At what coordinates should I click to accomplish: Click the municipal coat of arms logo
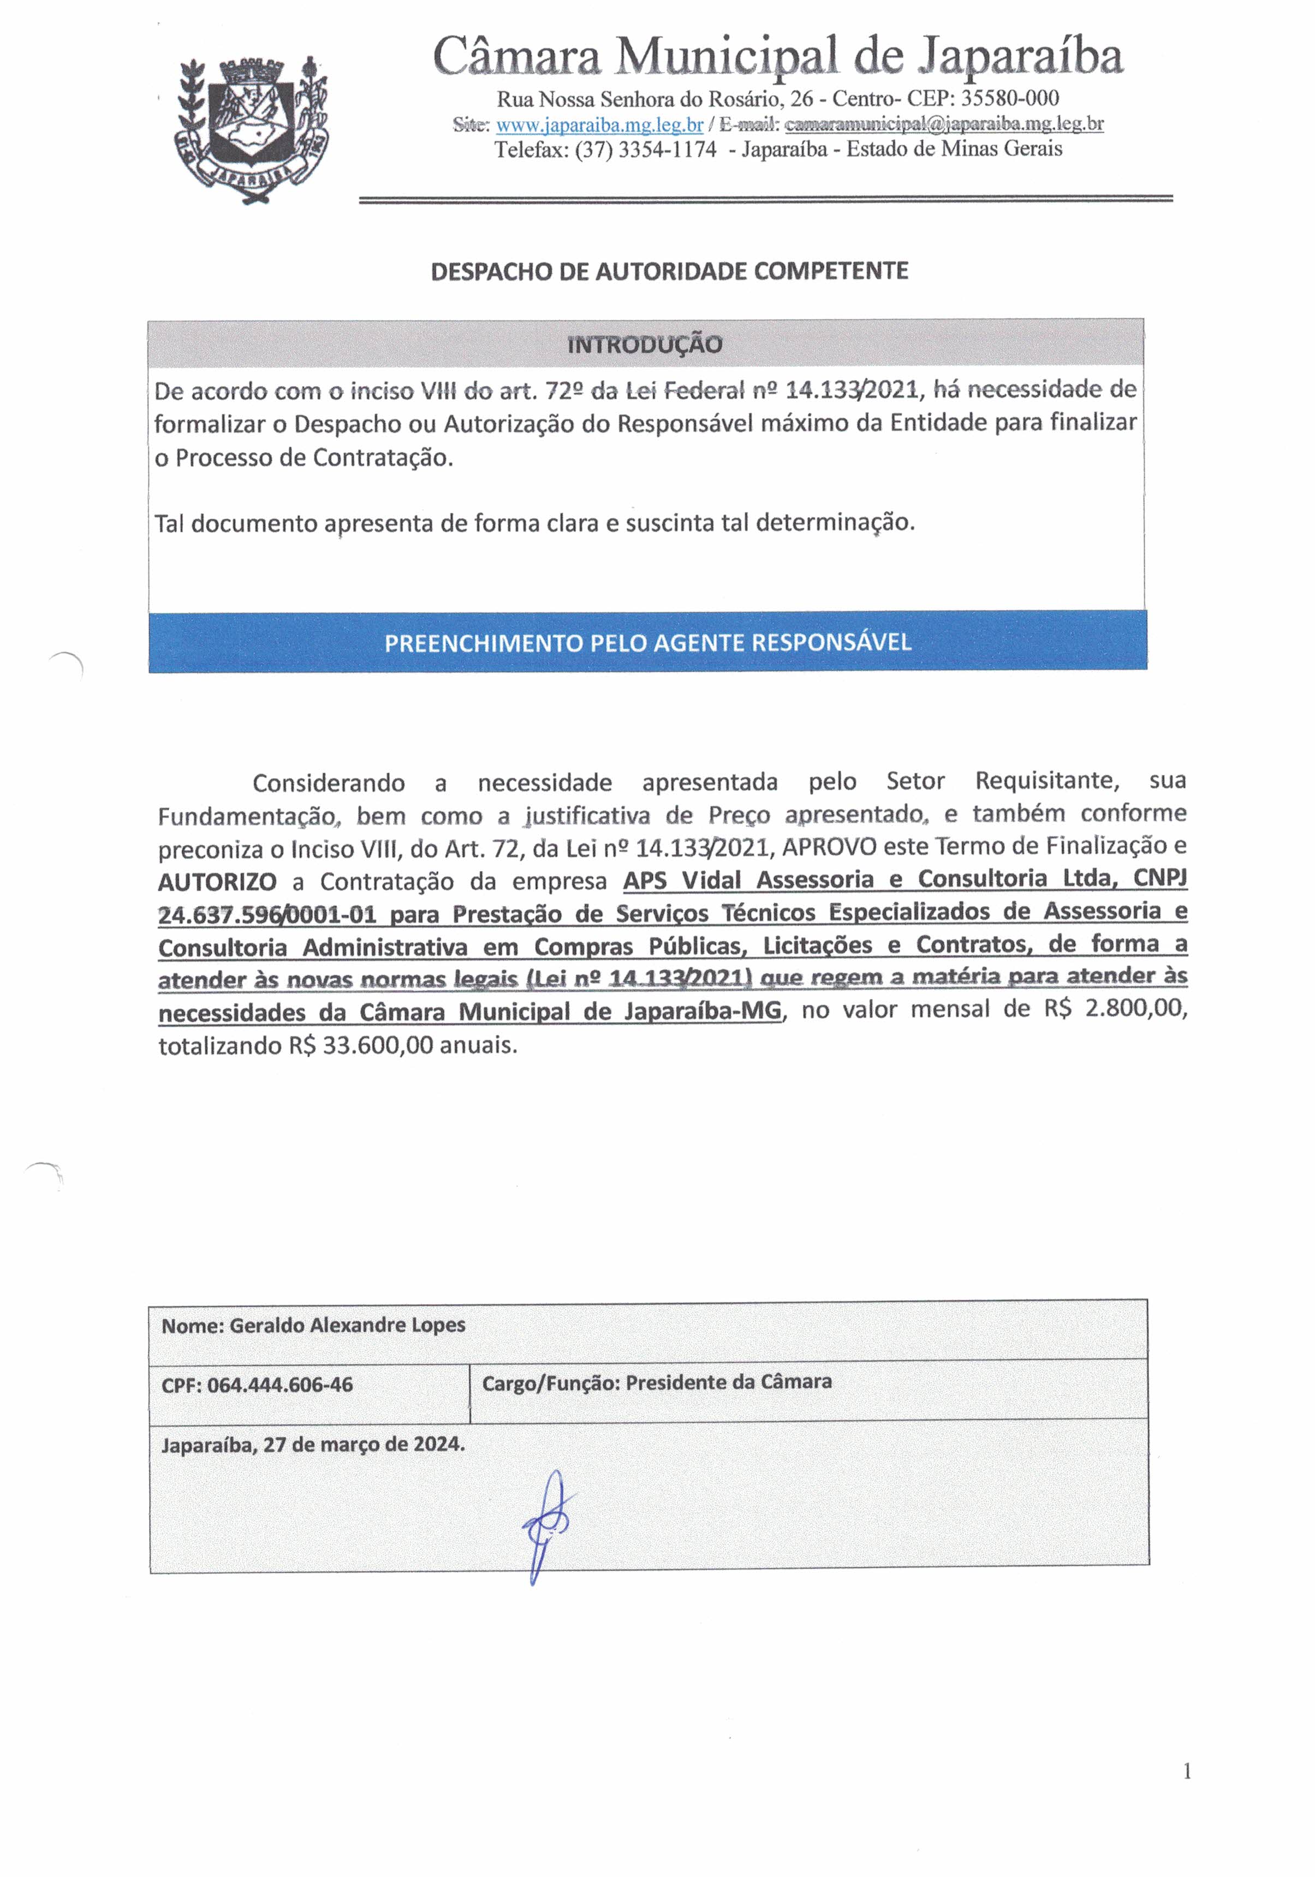point(251,130)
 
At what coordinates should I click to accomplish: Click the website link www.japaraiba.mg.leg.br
point(599,125)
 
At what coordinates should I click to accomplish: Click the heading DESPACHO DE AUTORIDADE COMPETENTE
point(669,270)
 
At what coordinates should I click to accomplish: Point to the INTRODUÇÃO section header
point(645,344)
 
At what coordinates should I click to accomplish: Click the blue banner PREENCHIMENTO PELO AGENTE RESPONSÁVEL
point(647,642)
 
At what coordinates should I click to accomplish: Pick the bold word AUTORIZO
point(217,882)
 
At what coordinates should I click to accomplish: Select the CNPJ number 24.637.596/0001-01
point(267,914)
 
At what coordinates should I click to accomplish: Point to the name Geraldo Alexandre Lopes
point(347,1325)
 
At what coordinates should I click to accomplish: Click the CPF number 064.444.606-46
point(279,1385)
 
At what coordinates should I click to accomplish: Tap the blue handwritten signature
point(548,1525)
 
